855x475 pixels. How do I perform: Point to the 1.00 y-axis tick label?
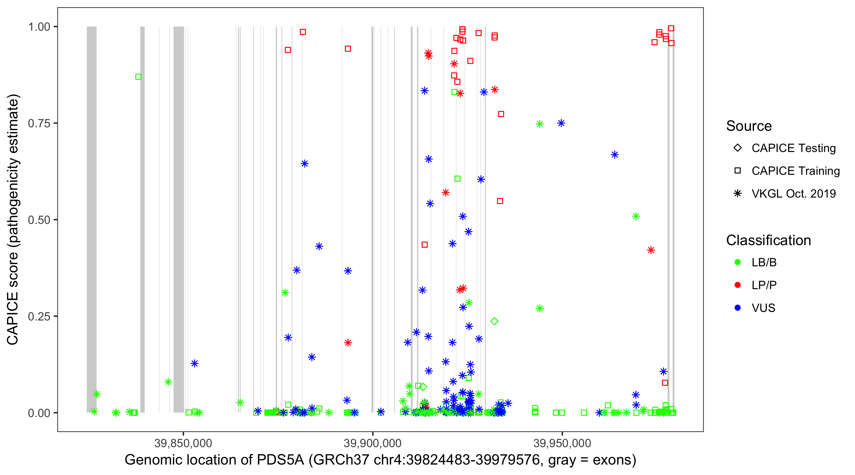(x=39, y=27)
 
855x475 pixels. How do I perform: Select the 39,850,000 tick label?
(x=183, y=443)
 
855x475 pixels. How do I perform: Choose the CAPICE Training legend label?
(x=795, y=171)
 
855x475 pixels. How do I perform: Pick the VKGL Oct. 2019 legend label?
(x=794, y=193)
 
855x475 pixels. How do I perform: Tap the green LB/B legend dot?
(x=738, y=262)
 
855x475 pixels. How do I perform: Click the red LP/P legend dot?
(x=738, y=285)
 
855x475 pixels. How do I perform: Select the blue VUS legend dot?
(x=738, y=308)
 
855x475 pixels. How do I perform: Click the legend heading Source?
(x=749, y=126)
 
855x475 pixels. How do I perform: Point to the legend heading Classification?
(x=768, y=240)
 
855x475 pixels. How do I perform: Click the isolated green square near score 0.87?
(x=138, y=77)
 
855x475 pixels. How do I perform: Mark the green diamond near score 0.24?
(x=494, y=321)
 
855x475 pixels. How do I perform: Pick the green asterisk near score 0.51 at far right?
(x=636, y=216)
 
